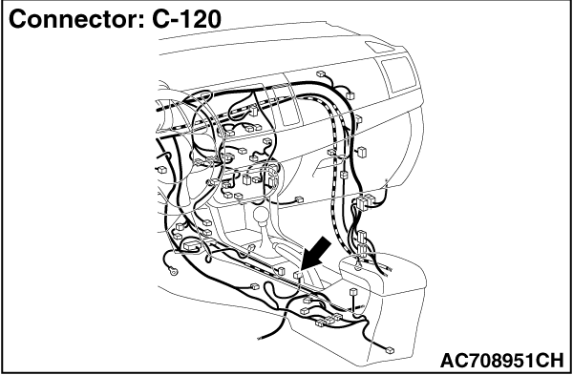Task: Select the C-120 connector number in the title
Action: (186, 19)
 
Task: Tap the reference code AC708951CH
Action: (502, 361)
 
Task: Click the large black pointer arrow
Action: (315, 254)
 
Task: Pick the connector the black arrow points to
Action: (297, 275)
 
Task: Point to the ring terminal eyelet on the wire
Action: (173, 271)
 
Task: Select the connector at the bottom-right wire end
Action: (390, 350)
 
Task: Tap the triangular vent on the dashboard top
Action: (380, 47)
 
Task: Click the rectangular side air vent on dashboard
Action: (398, 74)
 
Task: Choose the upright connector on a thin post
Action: (353, 292)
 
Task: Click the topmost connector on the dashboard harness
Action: (321, 73)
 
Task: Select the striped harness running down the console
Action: (333, 172)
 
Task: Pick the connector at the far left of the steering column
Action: (161, 170)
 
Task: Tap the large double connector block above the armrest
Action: (364, 202)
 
